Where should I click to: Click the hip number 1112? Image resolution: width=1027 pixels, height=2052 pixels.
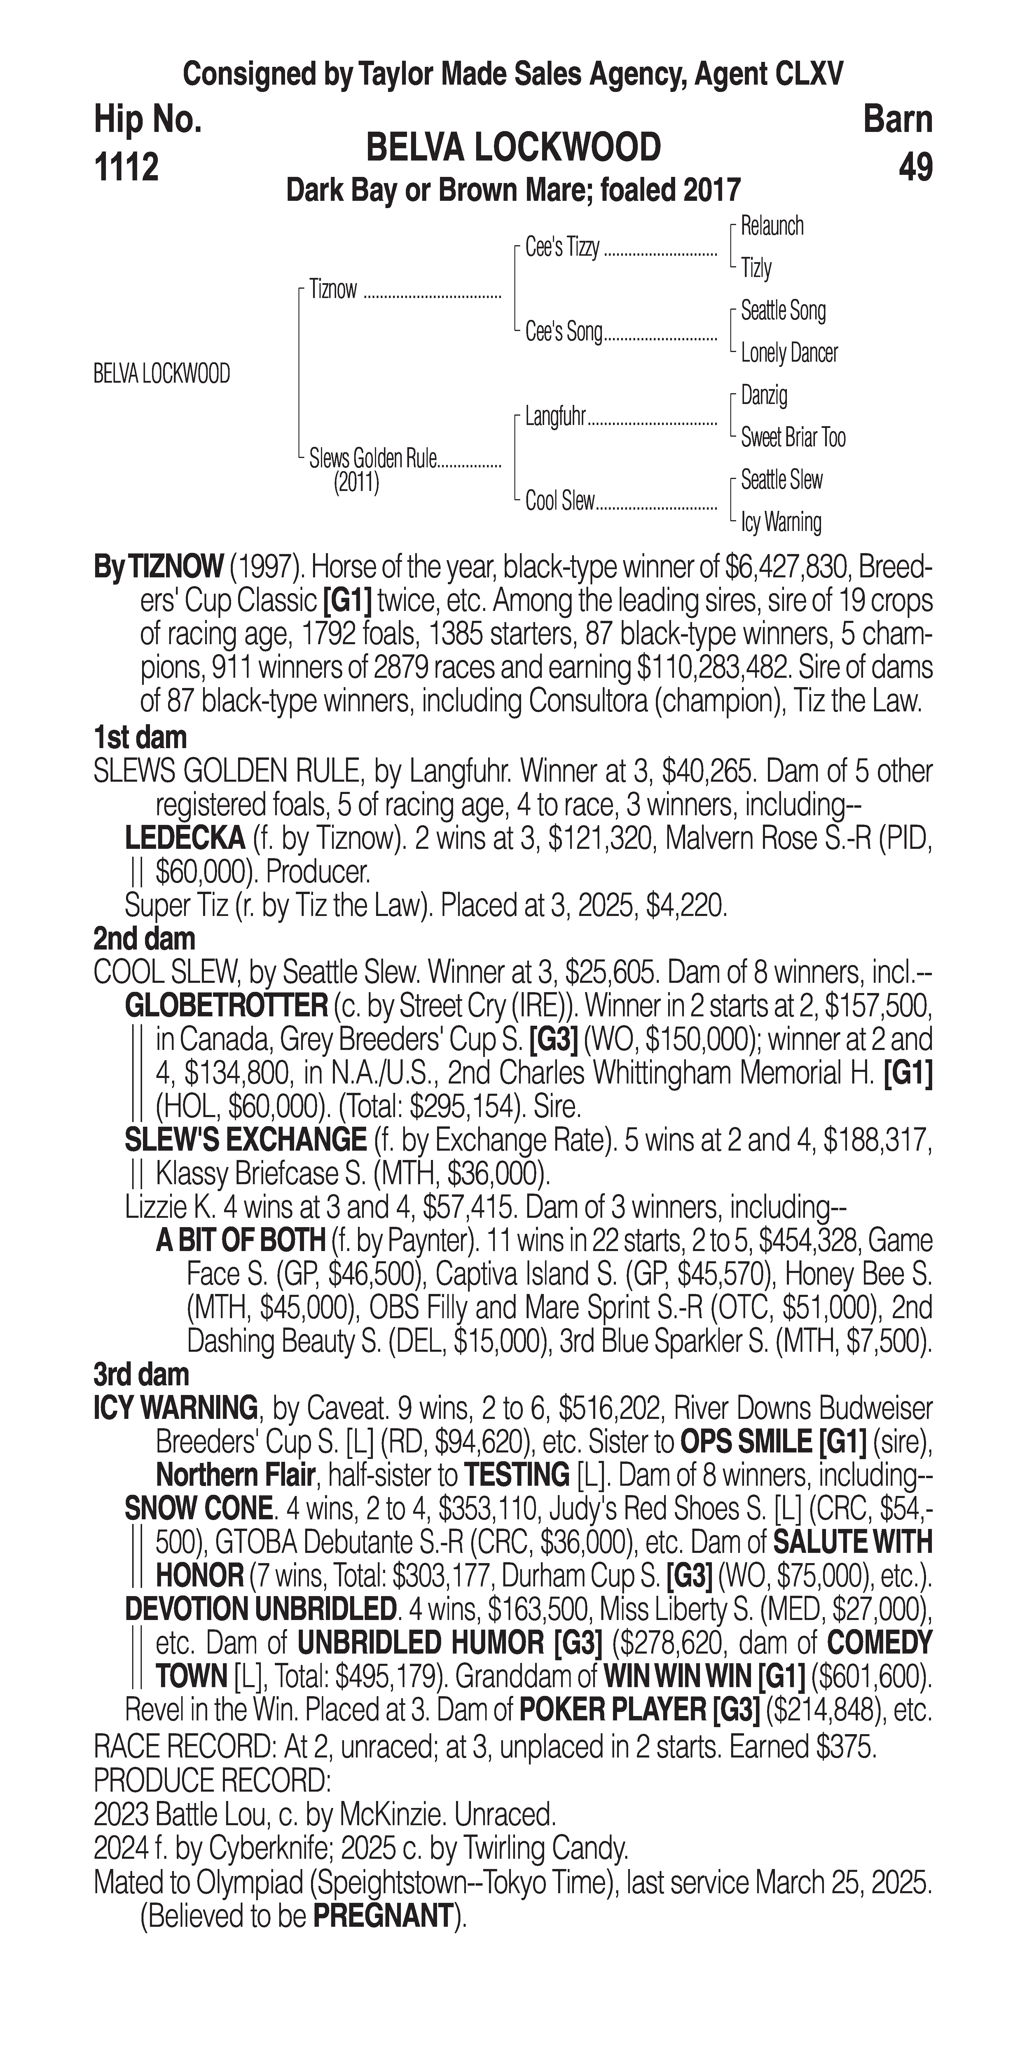tap(126, 167)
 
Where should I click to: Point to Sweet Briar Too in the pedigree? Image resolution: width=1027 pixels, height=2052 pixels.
tap(793, 437)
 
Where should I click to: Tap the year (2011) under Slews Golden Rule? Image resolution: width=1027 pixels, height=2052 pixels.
tap(356, 483)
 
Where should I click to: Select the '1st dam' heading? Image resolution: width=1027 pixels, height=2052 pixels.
tap(140, 738)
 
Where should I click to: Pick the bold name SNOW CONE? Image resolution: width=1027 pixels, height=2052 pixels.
tap(199, 1509)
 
